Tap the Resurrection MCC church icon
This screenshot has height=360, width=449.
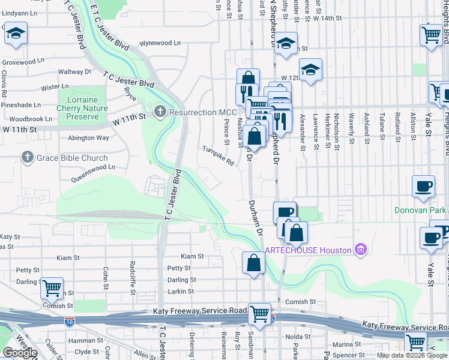(160, 112)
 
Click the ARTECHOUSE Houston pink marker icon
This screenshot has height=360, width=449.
(361, 249)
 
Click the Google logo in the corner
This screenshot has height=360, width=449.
(19, 353)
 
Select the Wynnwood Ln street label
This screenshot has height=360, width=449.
(160, 44)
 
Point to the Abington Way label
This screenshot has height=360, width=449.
(89, 137)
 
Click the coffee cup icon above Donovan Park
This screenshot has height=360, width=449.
(423, 186)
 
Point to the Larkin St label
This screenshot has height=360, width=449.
(181, 291)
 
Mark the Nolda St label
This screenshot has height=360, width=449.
(298, 337)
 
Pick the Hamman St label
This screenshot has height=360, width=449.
(82, 340)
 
